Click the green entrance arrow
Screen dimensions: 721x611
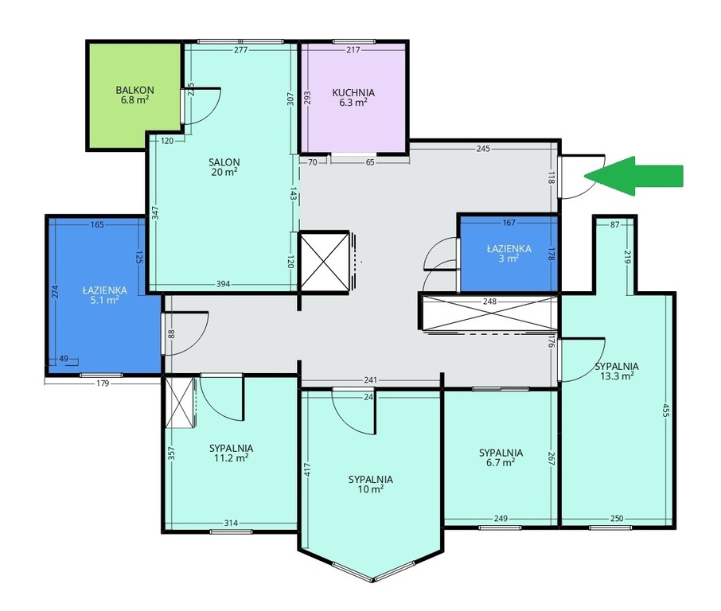tap(633, 176)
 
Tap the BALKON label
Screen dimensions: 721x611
tap(134, 90)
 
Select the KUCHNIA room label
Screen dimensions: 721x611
tap(353, 93)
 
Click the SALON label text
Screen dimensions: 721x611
tap(224, 162)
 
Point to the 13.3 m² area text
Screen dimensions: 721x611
tap(617, 376)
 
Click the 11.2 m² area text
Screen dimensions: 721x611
tap(232, 458)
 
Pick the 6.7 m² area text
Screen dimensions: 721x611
tap(501, 462)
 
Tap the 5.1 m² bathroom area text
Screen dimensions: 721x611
tap(105, 300)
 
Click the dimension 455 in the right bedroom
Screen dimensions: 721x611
tap(665, 410)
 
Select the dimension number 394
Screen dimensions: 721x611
tap(224, 284)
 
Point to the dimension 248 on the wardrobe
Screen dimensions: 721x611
tap(490, 302)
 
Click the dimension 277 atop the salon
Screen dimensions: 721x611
tap(241, 50)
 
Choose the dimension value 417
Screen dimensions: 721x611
tap(308, 469)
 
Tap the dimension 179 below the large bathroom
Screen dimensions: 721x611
tap(103, 383)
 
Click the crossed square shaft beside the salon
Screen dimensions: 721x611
tap(324, 262)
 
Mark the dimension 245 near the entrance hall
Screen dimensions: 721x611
tap(483, 149)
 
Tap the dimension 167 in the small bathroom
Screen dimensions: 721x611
tap(509, 223)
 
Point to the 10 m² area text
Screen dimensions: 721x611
tap(371, 489)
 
